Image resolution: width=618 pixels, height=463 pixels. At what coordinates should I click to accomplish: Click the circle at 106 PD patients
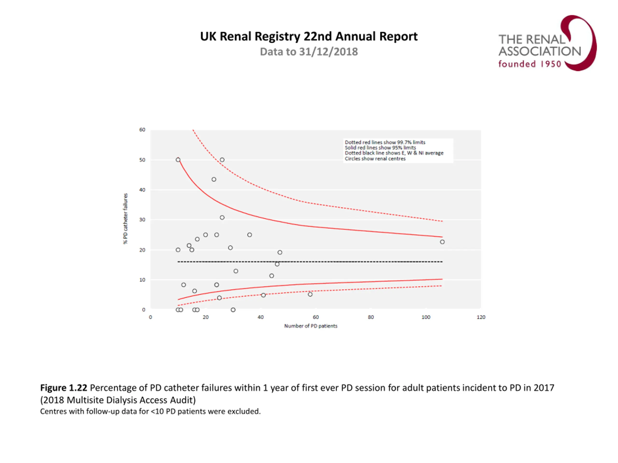442,242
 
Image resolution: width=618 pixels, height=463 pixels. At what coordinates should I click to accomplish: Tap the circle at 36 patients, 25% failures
249,235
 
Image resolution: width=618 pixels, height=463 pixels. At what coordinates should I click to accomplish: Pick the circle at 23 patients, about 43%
214,179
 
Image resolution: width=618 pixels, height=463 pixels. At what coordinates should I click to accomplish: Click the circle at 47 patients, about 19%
280,252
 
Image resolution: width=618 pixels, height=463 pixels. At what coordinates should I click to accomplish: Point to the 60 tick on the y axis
142,130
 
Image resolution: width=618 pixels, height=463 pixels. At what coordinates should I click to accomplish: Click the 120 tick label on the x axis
481,317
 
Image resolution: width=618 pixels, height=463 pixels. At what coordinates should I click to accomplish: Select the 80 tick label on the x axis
371,317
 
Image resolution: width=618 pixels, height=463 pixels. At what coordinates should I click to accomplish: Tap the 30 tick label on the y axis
142,220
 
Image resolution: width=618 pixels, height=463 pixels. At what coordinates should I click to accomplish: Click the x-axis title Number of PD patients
311,326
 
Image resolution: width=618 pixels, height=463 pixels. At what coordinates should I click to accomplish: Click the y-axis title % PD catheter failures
126,218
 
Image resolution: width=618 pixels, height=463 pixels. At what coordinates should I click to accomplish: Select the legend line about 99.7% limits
385,142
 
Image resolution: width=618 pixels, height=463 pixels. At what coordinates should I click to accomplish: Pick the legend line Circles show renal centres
375,158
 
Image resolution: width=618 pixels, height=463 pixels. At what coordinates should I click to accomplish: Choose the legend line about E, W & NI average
394,153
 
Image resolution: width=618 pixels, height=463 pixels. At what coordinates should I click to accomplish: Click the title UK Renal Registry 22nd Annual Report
309,37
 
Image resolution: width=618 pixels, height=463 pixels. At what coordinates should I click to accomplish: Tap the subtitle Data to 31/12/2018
309,52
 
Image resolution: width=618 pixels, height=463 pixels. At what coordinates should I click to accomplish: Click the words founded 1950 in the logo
530,64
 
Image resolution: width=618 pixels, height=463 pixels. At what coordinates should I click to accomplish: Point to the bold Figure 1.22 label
64,388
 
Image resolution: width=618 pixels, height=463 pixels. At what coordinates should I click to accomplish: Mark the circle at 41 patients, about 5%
263,295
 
